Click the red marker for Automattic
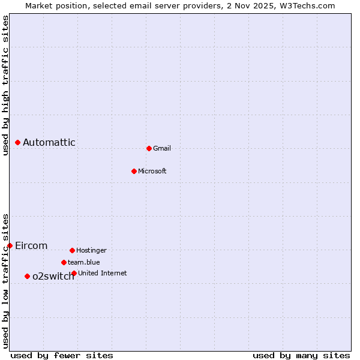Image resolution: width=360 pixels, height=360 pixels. [x=18, y=142]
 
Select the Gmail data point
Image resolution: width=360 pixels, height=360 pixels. [x=149, y=148]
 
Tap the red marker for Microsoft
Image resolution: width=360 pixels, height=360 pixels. [x=134, y=171]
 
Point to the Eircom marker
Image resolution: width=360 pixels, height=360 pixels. [x=10, y=245]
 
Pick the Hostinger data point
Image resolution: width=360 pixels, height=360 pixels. [x=72, y=250]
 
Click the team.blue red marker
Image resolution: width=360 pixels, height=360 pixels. [x=64, y=262]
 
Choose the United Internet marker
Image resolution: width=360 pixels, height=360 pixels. [x=74, y=273]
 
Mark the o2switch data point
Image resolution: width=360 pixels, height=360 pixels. [x=27, y=276]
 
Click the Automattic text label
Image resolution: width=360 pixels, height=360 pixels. [x=49, y=142]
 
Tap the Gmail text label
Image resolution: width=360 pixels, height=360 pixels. [x=162, y=148]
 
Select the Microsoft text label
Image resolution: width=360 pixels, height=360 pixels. [x=152, y=171]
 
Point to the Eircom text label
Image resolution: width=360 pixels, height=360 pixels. [x=31, y=245]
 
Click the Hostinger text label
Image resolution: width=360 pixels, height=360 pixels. [x=91, y=250]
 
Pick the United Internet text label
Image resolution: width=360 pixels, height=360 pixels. [x=103, y=273]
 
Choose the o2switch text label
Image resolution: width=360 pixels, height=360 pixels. [x=53, y=276]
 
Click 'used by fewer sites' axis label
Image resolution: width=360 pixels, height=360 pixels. [x=62, y=355]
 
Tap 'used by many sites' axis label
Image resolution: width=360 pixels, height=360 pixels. [x=301, y=355]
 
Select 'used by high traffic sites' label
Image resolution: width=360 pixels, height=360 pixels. [x=6, y=85]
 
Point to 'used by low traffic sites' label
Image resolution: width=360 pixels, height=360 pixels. [x=6, y=281]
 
